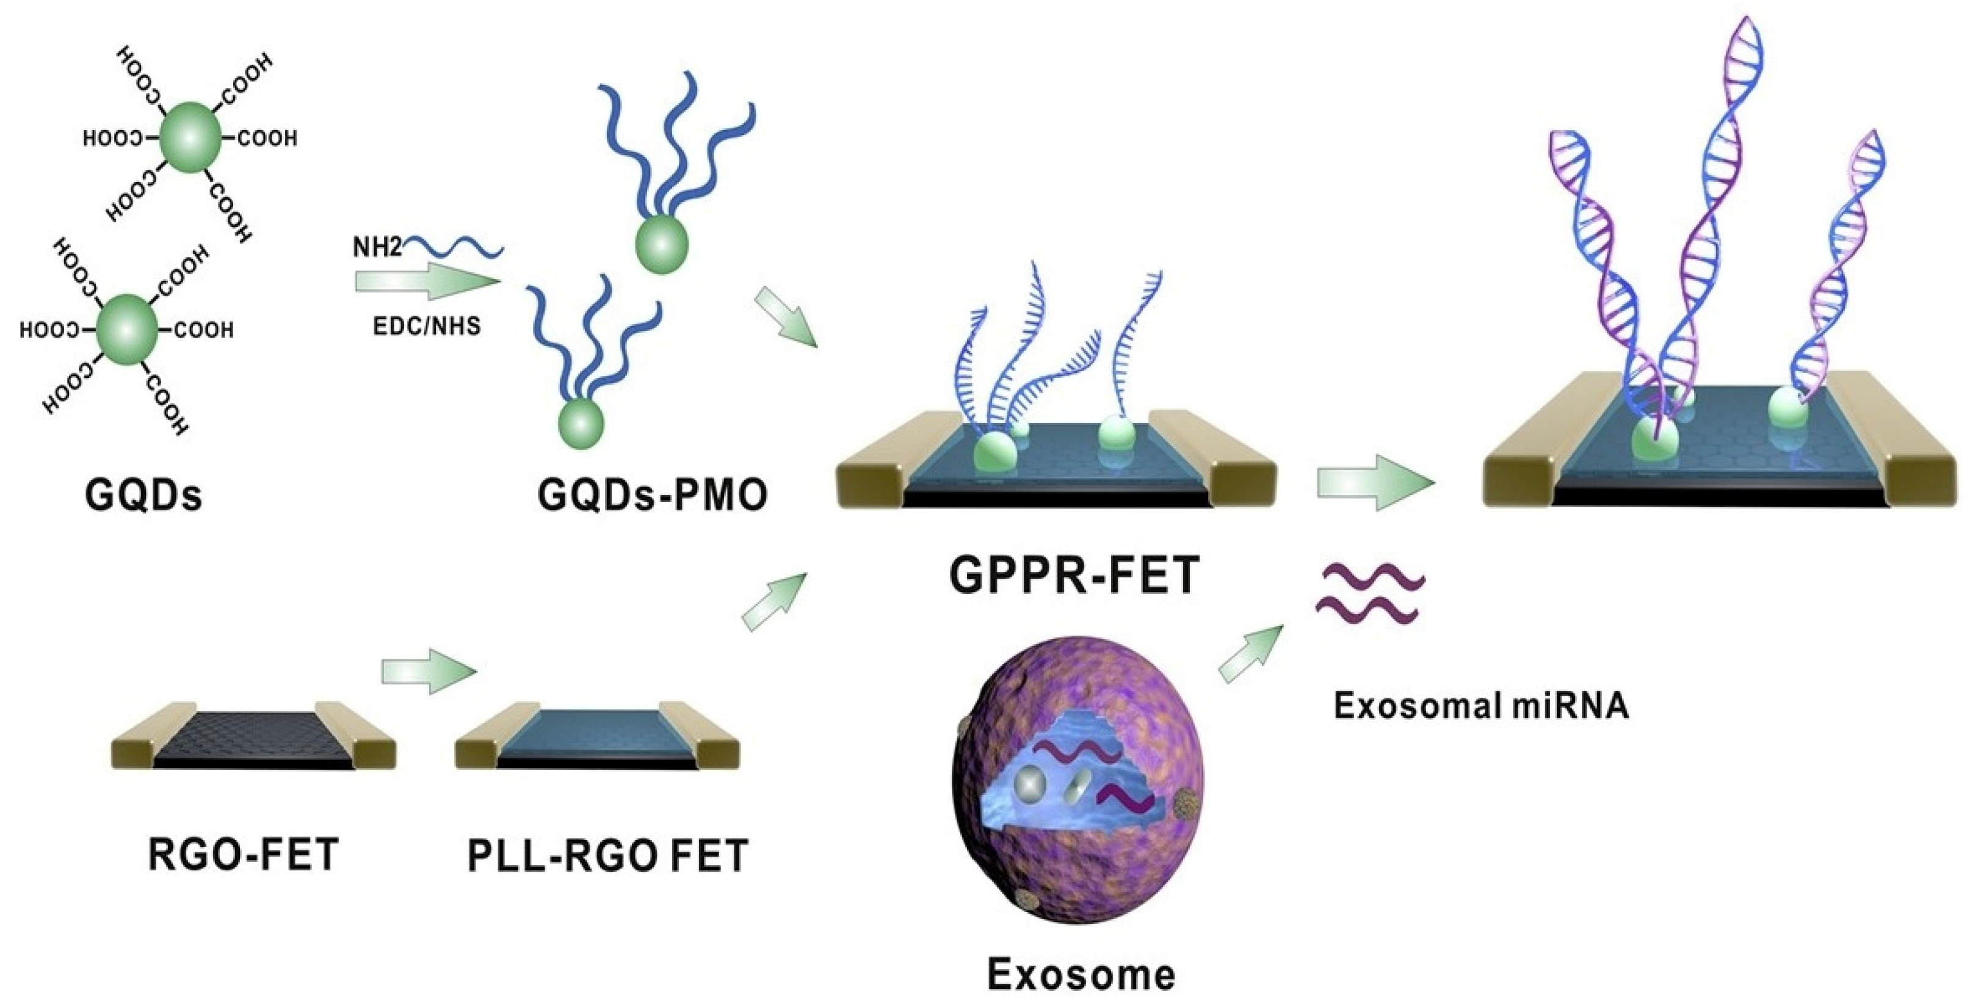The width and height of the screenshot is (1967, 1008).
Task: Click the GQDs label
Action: (143, 495)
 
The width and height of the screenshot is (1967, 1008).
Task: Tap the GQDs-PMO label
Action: (652, 495)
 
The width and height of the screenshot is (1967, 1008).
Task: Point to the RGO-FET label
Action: (243, 855)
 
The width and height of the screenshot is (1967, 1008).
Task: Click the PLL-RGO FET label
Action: (607, 856)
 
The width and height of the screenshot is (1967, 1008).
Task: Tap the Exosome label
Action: (1081, 974)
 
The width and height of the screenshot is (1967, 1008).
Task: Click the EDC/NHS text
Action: (427, 327)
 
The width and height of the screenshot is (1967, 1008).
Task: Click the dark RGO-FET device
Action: (253, 741)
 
